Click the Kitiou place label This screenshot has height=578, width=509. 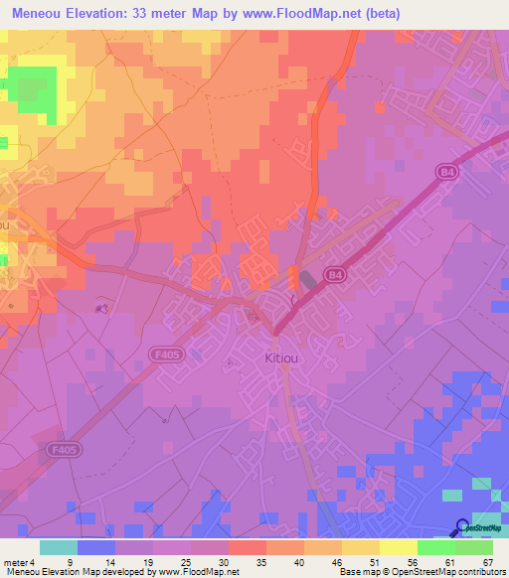280,358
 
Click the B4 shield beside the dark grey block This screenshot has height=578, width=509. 335,275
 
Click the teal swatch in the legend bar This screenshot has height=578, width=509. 58,547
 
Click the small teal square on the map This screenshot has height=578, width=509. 452,494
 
